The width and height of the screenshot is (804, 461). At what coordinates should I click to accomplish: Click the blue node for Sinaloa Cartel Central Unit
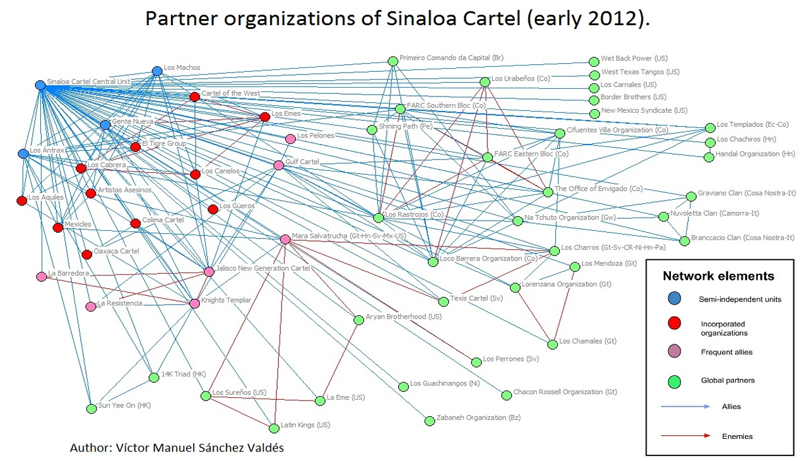[40, 85]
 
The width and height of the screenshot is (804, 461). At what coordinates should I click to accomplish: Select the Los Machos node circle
[157, 71]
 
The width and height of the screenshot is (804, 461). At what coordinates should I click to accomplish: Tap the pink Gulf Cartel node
[278, 165]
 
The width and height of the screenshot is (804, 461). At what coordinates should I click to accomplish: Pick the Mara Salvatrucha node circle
[285, 239]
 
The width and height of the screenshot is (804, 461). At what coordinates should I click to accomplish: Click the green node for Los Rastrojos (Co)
[378, 218]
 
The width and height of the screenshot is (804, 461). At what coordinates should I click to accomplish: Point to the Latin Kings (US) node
[274, 428]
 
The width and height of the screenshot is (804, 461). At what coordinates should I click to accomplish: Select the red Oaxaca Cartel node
[86, 254]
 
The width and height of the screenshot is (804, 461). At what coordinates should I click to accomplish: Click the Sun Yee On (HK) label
[124, 406]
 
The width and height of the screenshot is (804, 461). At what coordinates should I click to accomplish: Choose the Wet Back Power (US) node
[594, 62]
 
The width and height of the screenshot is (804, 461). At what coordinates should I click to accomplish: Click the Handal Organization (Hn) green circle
[709, 156]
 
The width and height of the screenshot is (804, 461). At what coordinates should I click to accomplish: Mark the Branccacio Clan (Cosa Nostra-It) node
[685, 241]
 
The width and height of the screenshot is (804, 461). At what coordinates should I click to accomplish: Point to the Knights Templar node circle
[194, 303]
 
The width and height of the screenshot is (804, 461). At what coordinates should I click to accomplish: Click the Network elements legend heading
[718, 276]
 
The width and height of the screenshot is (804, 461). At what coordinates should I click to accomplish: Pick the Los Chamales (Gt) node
[553, 344]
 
